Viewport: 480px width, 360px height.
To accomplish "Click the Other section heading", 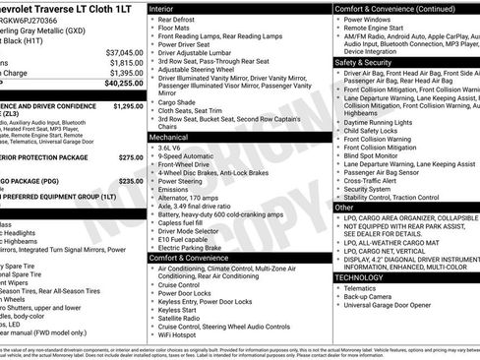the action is (344, 208).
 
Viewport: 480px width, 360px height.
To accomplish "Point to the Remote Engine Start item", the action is (384, 29).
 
